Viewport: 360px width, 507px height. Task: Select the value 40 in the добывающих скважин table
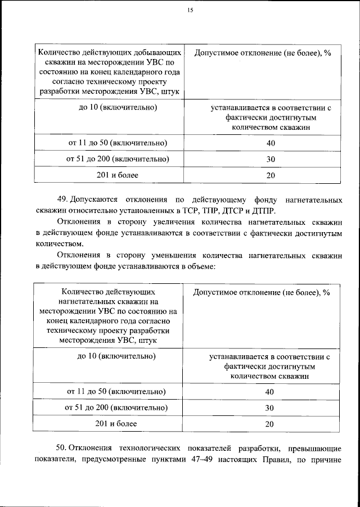[271, 143]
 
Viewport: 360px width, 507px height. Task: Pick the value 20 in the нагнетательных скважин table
[270, 425]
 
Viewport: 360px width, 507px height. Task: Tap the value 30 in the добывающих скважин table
[271, 160]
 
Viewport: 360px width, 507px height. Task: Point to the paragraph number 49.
[62, 200]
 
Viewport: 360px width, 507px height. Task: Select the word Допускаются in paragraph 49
[99, 200]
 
